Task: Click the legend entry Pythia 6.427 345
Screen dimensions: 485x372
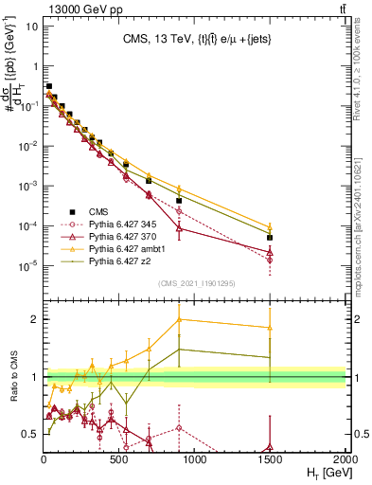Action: tap(115, 224)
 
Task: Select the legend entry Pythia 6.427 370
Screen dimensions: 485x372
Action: tap(115, 236)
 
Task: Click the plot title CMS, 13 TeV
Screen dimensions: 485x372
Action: tap(194, 40)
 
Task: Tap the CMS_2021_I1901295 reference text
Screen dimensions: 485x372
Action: tap(194, 283)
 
